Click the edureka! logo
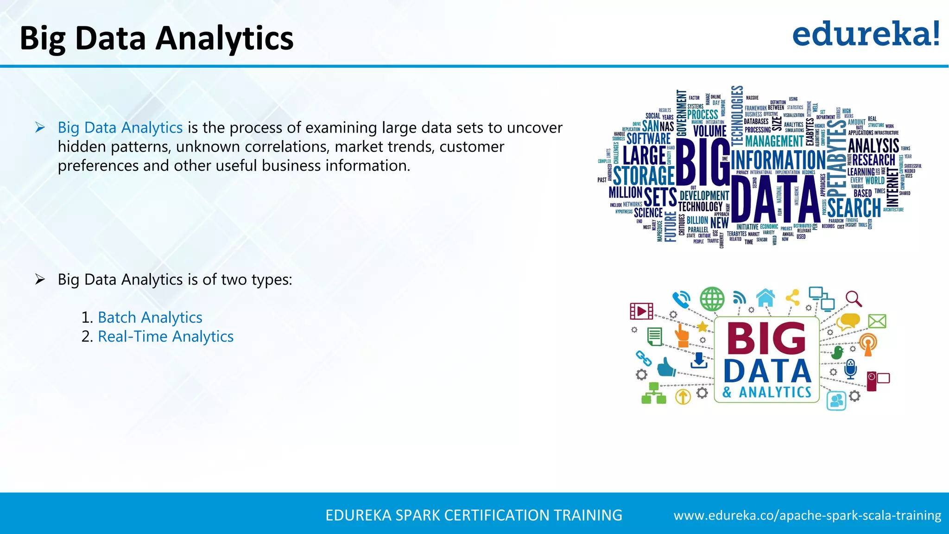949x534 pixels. (866, 34)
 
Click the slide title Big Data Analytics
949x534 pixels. (157, 38)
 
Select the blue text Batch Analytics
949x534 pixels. (150, 318)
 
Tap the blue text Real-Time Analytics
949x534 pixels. (165, 337)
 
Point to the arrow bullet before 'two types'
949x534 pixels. (40, 280)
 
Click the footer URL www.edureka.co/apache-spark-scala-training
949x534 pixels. (807, 515)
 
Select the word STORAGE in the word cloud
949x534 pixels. (644, 176)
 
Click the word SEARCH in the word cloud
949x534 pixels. (854, 207)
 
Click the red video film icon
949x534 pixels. (642, 311)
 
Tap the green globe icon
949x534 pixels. (712, 299)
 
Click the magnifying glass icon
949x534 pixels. (853, 299)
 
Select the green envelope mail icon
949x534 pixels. (877, 321)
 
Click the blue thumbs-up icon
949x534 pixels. (666, 367)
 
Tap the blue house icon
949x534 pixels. (766, 297)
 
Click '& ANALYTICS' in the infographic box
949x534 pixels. (767, 392)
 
